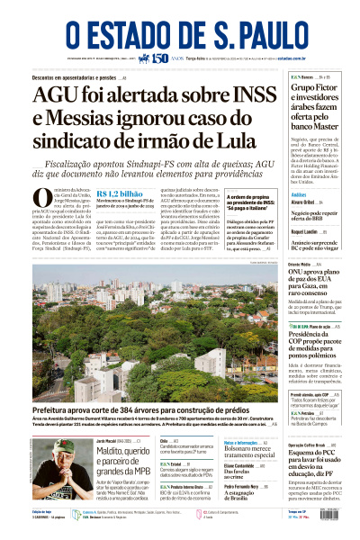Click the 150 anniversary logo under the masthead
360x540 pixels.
coord(159,58)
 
